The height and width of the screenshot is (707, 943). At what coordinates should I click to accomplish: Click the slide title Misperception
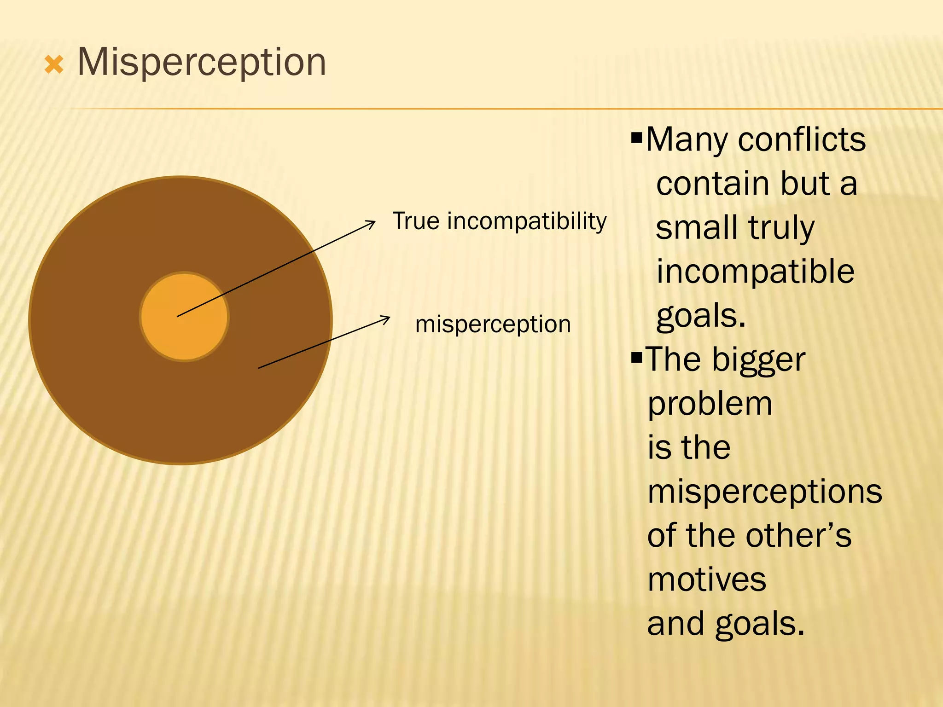[x=202, y=62]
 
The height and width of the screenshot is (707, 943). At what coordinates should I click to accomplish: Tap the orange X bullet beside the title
[x=54, y=65]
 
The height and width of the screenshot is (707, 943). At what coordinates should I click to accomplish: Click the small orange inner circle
[x=184, y=317]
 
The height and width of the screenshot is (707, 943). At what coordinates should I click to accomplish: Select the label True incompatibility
[x=499, y=221]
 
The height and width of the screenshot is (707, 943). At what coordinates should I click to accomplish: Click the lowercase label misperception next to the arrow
[x=493, y=324]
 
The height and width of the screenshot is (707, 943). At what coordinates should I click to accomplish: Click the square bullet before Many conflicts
[x=636, y=137]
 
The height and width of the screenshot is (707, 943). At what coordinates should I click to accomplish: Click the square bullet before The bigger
[x=636, y=357]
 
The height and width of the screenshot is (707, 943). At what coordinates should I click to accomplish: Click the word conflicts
[x=802, y=140]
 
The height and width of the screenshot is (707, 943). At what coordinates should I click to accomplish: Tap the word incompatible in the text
[x=755, y=272]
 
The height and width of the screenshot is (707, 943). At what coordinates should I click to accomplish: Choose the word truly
[x=781, y=228]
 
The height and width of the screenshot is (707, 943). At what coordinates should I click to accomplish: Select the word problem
[x=710, y=404]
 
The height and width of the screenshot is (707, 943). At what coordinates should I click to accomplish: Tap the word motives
[x=707, y=580]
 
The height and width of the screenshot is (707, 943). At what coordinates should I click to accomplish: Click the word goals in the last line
[x=760, y=624]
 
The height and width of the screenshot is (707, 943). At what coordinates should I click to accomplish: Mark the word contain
[x=712, y=184]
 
